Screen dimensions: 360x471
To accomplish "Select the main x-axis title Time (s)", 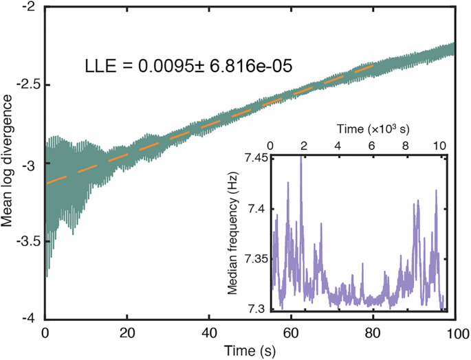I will pyautogui.click(x=250, y=350).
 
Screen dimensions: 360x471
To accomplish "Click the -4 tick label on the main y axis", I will pyautogui.click(x=32, y=319).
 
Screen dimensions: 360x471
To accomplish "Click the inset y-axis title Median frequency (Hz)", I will pyautogui.click(x=233, y=235).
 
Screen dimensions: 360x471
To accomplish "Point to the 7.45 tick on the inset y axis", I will pyautogui.click(x=256, y=159).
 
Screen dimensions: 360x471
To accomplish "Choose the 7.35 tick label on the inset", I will pyautogui.click(x=256, y=259).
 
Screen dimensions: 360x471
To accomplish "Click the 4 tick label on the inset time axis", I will pyautogui.click(x=338, y=146).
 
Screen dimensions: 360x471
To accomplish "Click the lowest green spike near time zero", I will pyautogui.click(x=47, y=276).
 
